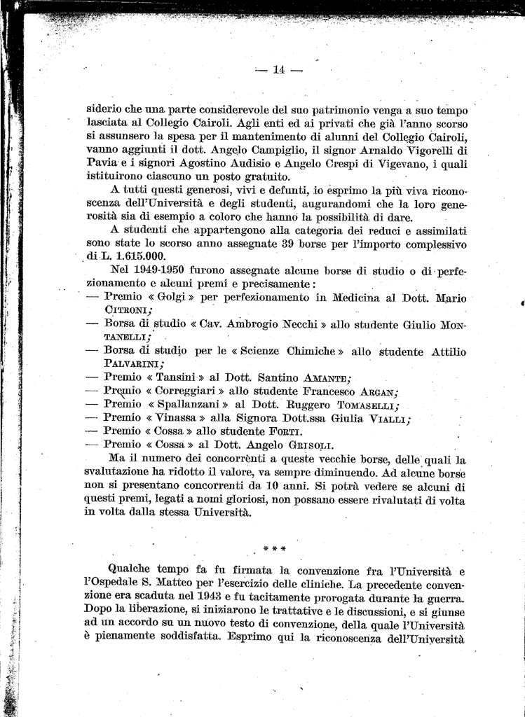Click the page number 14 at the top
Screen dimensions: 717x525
(279, 69)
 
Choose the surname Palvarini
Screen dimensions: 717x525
(133, 364)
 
